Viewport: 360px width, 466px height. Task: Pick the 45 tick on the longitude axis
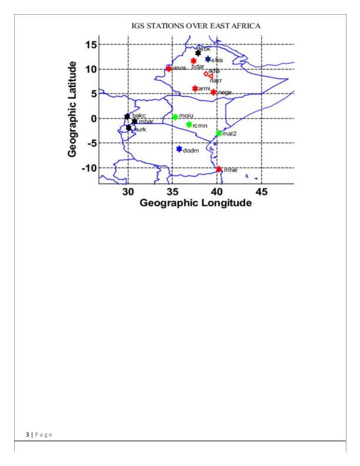point(262,191)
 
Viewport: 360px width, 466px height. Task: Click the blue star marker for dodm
point(179,149)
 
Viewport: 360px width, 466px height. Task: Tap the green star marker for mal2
point(219,133)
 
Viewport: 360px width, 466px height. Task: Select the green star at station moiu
point(175,117)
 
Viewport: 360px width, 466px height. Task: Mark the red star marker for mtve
point(219,169)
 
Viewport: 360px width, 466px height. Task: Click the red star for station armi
point(195,88)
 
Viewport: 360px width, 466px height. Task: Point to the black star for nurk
point(129,128)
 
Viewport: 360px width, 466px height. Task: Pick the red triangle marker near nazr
point(210,75)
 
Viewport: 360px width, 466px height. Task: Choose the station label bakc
point(138,115)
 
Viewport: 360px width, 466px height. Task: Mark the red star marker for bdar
point(193,61)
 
